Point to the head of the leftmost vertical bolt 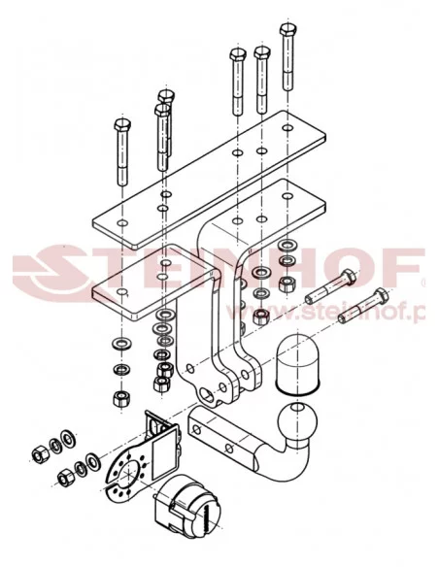(x=119, y=128)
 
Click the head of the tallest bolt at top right (x=287, y=28)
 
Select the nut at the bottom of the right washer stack (x=260, y=317)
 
